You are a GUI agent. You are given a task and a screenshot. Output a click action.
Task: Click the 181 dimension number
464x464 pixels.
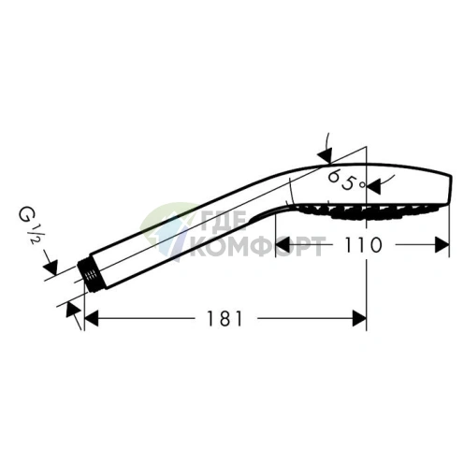[x=225, y=318]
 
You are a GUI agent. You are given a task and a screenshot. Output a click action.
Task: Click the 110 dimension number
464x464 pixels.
[x=362, y=245]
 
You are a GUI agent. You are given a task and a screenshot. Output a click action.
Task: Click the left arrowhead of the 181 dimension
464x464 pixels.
[x=92, y=318]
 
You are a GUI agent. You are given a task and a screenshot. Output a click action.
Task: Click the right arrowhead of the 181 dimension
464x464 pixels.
[x=359, y=318]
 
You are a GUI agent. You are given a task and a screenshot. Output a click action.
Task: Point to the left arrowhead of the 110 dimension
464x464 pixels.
[x=283, y=245]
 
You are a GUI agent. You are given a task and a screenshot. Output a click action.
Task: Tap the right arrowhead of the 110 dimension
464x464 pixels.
[x=442, y=245]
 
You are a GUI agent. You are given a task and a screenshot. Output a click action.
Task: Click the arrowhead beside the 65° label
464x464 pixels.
[x=374, y=186]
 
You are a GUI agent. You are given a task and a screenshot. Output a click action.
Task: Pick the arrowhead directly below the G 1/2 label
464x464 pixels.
[x=51, y=268]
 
